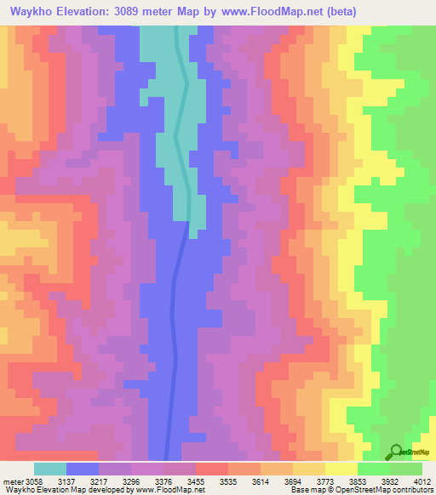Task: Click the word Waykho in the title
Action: [33, 12]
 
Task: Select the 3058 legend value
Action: [32, 481]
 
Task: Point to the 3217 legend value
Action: [117, 481]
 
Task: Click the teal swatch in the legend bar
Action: [50, 469]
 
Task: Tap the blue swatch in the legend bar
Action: [83, 469]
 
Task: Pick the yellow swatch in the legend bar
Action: [341, 469]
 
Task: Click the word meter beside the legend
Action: [12, 481]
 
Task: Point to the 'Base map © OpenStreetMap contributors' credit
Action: [359, 490]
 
